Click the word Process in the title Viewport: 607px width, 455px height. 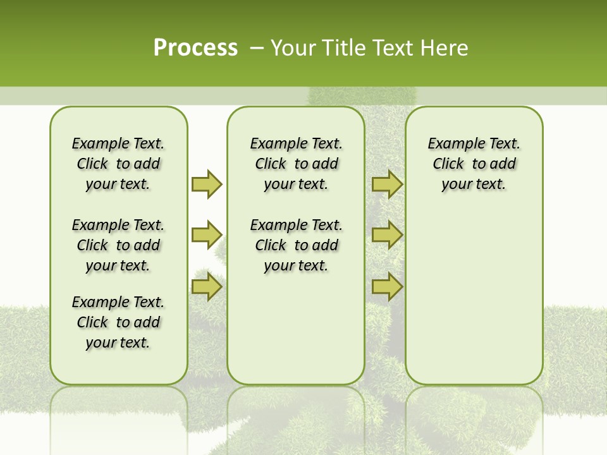click(195, 48)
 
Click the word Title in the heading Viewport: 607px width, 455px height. click(341, 48)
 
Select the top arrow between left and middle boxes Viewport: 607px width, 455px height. click(207, 184)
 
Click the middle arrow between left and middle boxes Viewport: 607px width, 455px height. click(207, 235)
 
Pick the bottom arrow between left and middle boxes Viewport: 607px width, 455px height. click(207, 286)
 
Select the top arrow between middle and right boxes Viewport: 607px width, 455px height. click(387, 184)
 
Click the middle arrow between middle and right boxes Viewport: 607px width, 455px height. click(387, 235)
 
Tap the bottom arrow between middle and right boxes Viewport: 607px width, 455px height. click(387, 286)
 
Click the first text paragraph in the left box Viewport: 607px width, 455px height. click(118, 164)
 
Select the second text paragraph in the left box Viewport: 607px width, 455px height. click(118, 245)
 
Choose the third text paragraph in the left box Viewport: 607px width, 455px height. click(118, 322)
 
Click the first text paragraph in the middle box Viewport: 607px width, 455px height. click(297, 164)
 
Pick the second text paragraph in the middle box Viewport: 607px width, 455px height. click(297, 245)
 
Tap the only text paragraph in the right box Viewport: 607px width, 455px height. click(474, 164)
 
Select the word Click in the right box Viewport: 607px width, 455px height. click(448, 164)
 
